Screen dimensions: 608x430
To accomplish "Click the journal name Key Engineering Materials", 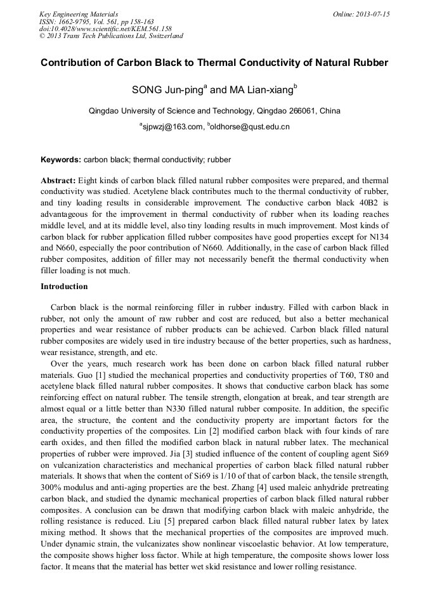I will click(x=78, y=13).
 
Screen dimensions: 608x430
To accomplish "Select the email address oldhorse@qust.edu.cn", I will click(x=250, y=127).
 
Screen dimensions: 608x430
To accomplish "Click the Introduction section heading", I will click(x=64, y=286).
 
